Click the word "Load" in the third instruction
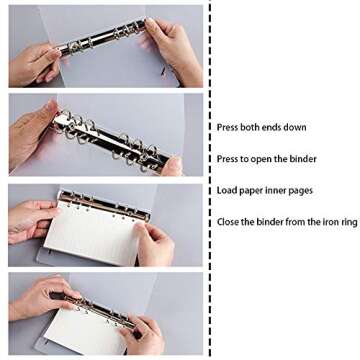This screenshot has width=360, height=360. (x=227, y=190)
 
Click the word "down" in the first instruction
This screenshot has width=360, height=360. (x=296, y=127)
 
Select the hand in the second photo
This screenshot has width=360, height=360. (x=40, y=130)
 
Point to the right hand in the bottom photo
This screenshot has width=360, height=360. (x=140, y=335)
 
